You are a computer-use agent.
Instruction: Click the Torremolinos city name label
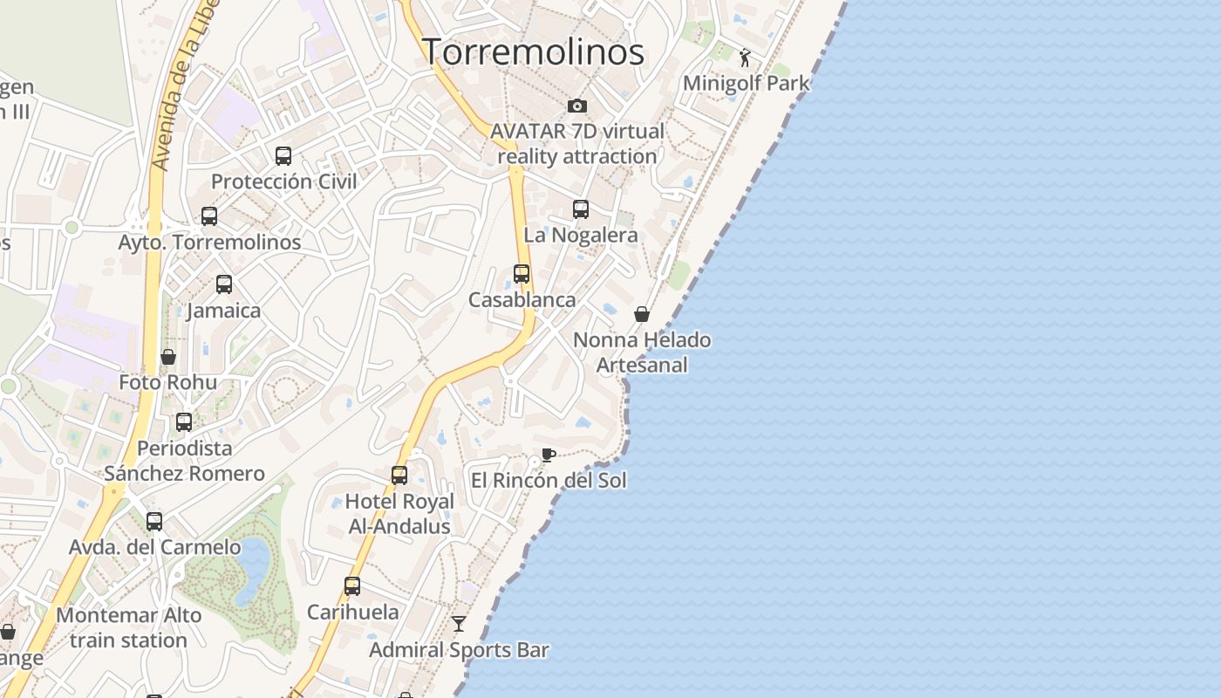(x=533, y=51)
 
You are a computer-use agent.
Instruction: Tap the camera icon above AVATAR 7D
(x=576, y=106)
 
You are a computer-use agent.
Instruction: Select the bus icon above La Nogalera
(x=581, y=209)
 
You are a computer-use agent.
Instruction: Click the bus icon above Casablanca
(x=522, y=274)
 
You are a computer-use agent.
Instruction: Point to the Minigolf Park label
(x=746, y=83)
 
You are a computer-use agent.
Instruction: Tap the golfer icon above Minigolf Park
(x=744, y=58)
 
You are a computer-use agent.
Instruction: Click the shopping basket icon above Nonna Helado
(x=642, y=314)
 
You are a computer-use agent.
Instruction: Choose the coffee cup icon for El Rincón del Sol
(x=548, y=455)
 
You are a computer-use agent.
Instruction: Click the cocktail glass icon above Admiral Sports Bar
(x=459, y=624)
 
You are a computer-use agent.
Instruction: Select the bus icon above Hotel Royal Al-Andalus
(x=399, y=476)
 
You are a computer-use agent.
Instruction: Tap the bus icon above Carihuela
(x=352, y=586)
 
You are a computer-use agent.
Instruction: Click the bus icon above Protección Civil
(x=283, y=156)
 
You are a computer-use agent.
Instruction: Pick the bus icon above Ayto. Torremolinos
(x=209, y=216)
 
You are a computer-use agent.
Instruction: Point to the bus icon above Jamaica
(x=224, y=284)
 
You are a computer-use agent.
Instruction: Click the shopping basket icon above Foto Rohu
(x=168, y=357)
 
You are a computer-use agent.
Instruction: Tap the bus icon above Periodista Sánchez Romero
(x=184, y=422)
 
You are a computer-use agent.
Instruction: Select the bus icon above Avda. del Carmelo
(x=154, y=522)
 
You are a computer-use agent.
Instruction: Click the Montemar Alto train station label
(x=128, y=627)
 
